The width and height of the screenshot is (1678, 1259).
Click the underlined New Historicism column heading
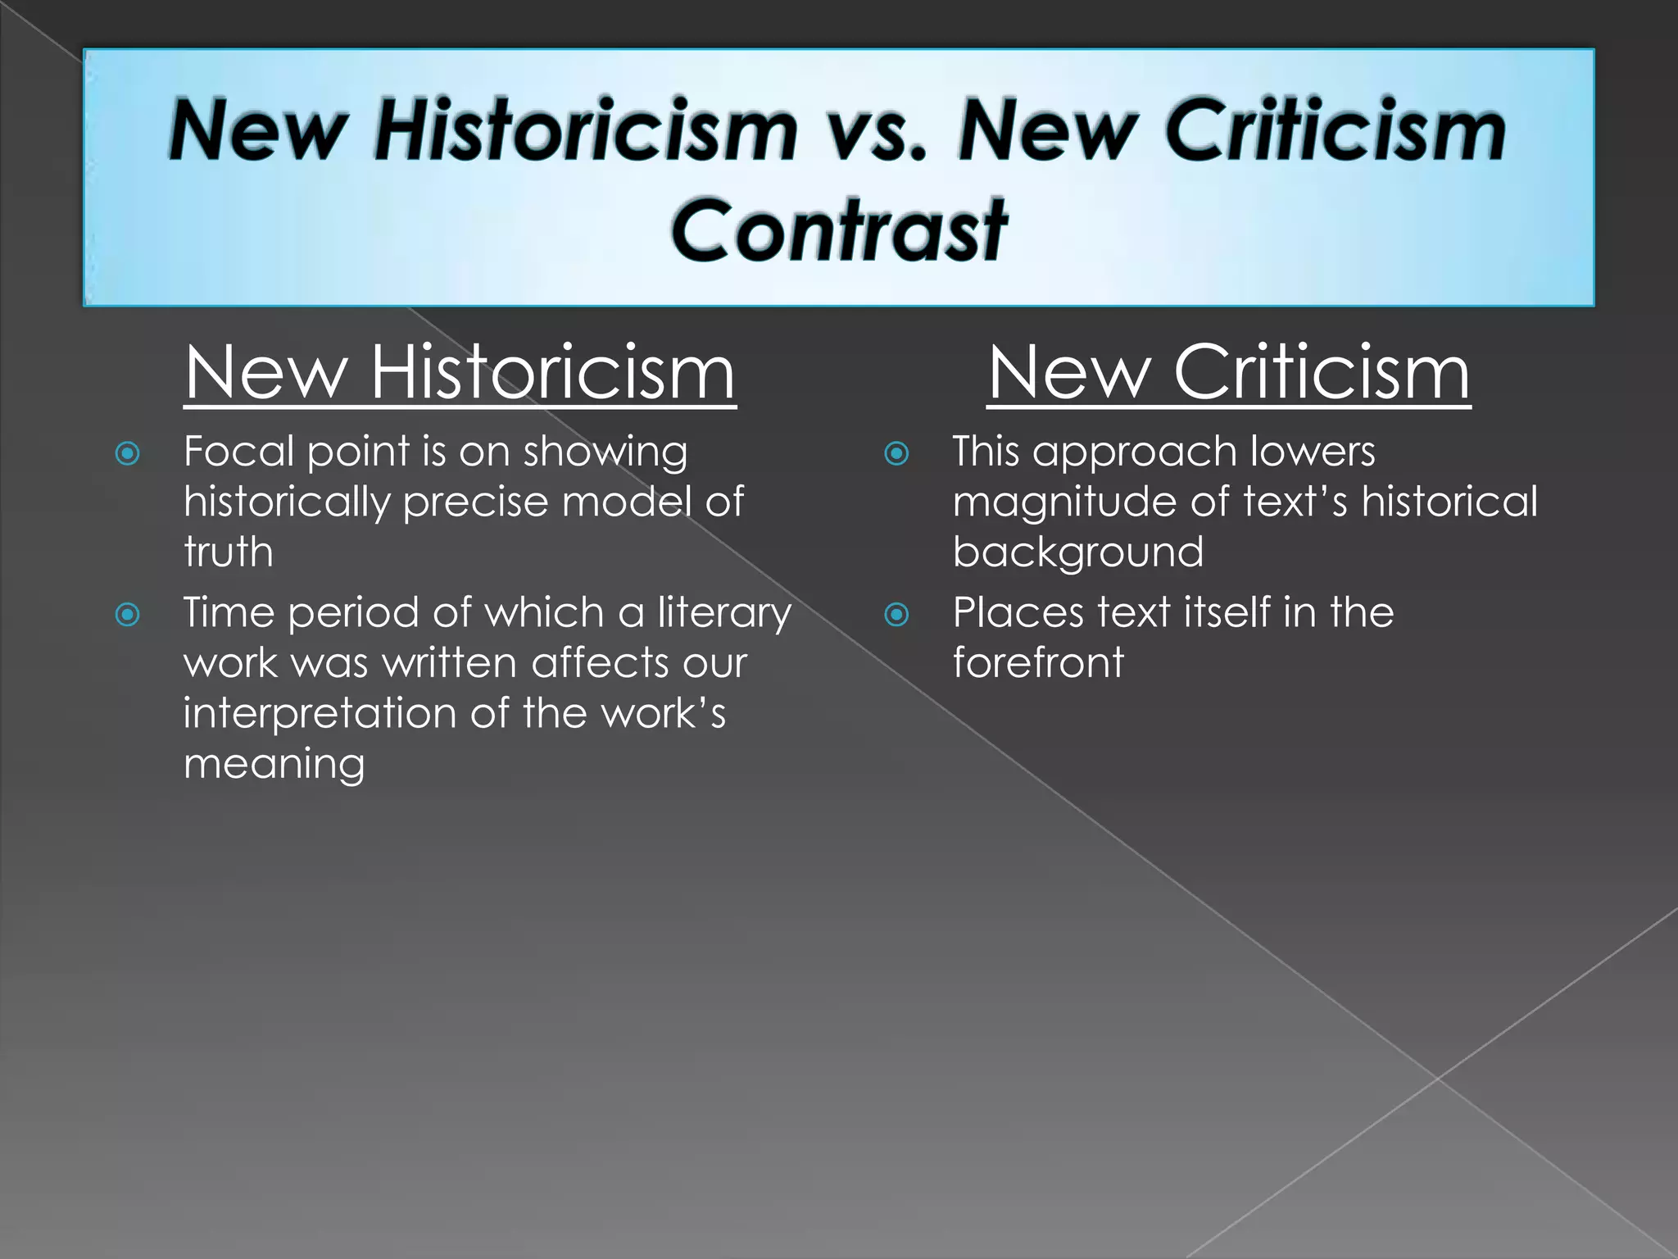[x=460, y=373]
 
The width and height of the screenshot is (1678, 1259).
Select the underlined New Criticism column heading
[x=1228, y=373]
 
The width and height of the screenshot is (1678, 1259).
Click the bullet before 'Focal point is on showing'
[x=128, y=453]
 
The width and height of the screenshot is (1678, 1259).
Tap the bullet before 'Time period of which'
[x=128, y=614]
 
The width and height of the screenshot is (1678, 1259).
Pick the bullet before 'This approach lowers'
[x=897, y=453]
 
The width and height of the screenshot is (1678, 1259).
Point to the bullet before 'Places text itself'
[x=897, y=614]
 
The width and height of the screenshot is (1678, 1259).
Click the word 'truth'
[x=228, y=552]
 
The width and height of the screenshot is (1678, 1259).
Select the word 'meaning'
[x=274, y=765]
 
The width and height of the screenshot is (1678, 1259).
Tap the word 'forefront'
[x=1038, y=662]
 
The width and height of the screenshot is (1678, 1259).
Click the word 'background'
[x=1077, y=552]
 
